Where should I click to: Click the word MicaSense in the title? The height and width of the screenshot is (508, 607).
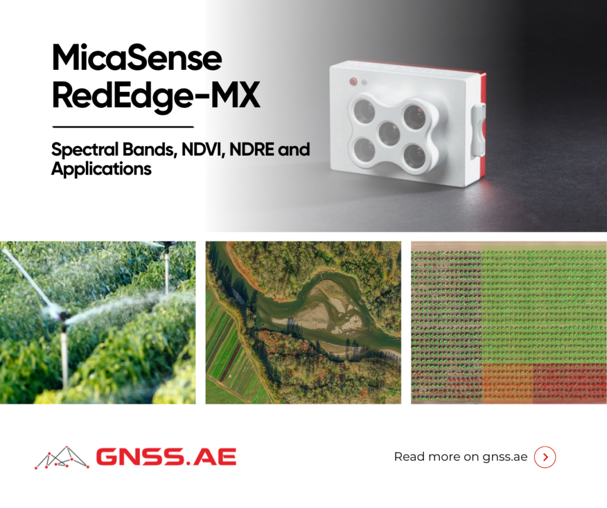tap(137, 58)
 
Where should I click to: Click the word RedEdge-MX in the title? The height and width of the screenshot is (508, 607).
tap(156, 96)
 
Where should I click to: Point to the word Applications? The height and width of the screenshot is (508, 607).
tap(101, 169)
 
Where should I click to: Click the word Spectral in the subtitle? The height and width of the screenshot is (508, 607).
tap(85, 150)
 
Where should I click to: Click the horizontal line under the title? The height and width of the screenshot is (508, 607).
tap(123, 127)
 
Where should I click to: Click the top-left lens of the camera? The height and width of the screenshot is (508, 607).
tap(365, 110)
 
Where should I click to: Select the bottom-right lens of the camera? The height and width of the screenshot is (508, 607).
tap(414, 155)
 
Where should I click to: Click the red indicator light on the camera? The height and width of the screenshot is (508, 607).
tap(353, 81)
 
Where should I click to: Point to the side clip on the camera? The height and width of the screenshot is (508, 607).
tap(478, 123)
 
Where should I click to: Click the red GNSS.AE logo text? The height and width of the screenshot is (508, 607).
tap(166, 456)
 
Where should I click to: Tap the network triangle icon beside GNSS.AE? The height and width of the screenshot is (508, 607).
tap(62, 458)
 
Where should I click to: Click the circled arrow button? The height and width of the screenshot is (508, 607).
tap(545, 457)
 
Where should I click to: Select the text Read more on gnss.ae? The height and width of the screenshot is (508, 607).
tap(461, 457)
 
